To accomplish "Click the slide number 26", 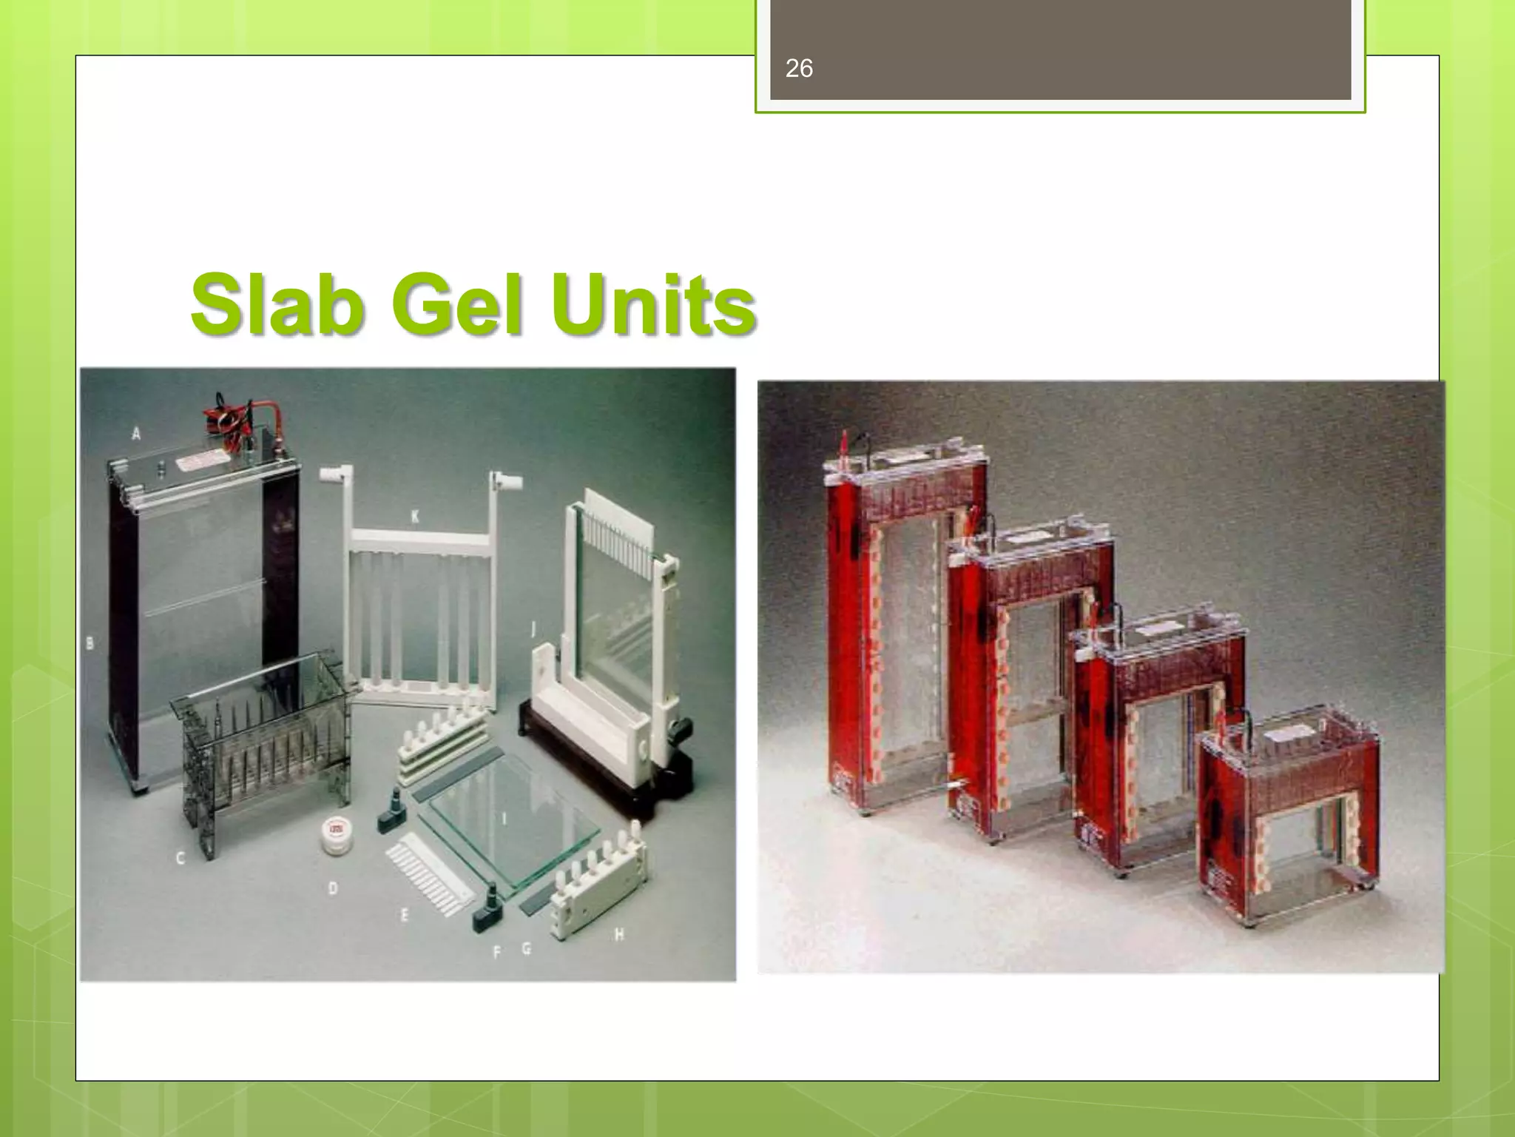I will coord(799,69).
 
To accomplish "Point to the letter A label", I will coord(136,433).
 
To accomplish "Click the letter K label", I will coord(415,516).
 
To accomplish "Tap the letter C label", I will coord(180,858).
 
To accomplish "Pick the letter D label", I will coord(333,888).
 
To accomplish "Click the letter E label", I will coord(404,916).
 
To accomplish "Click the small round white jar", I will coord(337,834).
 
